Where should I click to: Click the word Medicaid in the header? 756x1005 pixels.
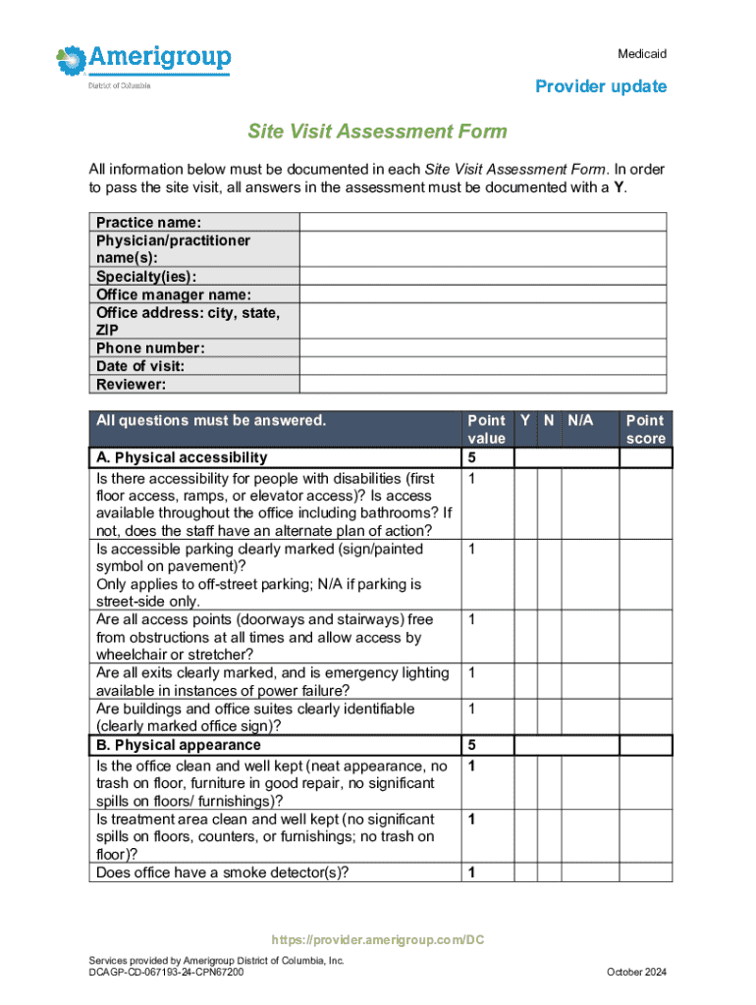point(642,53)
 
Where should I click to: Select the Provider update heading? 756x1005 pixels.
point(600,86)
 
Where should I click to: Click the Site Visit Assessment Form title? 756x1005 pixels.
point(377,131)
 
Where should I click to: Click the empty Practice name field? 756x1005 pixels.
point(482,223)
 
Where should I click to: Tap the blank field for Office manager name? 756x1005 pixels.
point(482,294)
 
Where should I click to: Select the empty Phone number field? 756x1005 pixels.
point(482,348)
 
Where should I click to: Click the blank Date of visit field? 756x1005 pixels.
point(482,366)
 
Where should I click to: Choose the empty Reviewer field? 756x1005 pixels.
point(482,385)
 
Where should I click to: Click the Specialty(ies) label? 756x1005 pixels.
point(145,277)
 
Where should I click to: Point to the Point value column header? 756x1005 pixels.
point(487,430)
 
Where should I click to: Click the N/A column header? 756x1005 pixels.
point(580,421)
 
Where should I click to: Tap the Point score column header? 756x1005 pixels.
point(645,430)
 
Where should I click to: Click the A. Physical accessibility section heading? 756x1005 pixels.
point(181,458)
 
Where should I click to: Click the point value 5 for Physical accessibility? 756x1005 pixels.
point(472,458)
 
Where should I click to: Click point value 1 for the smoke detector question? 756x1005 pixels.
point(472,873)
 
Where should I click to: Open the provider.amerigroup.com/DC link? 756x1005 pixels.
point(378,940)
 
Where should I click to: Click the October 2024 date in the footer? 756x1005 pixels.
point(636,972)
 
